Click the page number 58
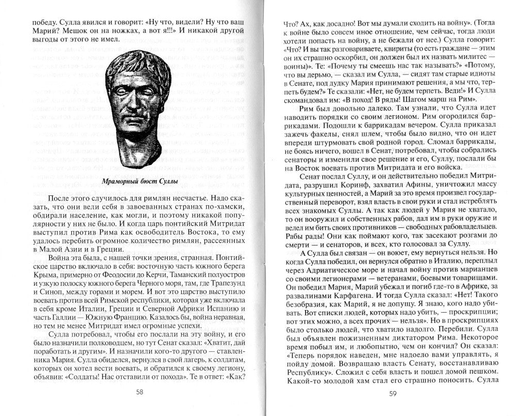140,392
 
